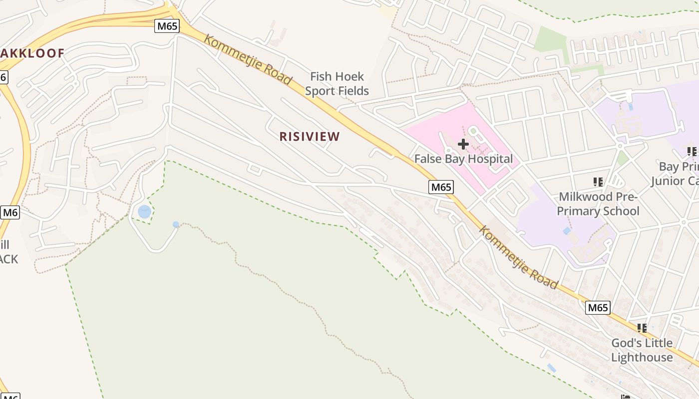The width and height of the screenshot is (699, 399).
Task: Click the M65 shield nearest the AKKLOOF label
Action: click(x=167, y=25)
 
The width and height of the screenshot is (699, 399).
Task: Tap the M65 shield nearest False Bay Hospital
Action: click(x=441, y=187)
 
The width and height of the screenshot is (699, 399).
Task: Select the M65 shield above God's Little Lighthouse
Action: click(x=598, y=307)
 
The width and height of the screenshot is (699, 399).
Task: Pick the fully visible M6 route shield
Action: click(x=10, y=212)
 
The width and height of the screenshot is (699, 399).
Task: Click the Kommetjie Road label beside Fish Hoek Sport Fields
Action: click(x=248, y=60)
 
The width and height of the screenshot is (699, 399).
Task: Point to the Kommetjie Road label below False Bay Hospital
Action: click(x=518, y=257)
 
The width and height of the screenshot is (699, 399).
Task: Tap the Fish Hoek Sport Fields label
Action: click(x=337, y=83)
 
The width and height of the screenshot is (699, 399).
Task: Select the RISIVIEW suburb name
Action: click(x=310, y=136)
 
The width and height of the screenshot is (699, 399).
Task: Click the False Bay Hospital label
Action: click(x=464, y=159)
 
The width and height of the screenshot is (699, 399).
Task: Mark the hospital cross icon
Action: click(x=463, y=144)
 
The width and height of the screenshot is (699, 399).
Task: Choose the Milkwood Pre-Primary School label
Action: click(x=598, y=203)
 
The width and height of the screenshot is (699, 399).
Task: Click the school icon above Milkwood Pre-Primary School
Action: click(x=598, y=182)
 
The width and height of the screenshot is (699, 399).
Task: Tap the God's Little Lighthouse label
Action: click(x=642, y=350)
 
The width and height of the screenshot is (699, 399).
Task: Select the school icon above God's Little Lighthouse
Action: click(x=642, y=328)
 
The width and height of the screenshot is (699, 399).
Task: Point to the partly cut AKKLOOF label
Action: click(x=32, y=53)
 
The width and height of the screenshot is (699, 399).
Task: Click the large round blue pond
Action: click(x=144, y=211)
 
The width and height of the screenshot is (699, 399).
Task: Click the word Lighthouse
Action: click(x=642, y=357)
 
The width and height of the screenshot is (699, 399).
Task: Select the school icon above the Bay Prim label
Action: click(x=692, y=151)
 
